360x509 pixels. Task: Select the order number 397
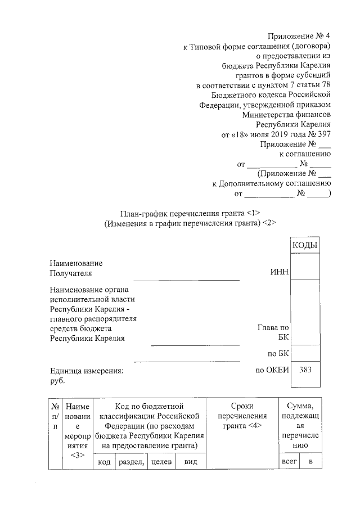(323, 134)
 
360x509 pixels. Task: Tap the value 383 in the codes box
(305, 370)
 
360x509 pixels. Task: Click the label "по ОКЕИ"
(272, 370)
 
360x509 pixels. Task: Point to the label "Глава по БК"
(273, 333)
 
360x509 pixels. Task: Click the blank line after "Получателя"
(186, 278)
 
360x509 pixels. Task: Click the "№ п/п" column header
(55, 416)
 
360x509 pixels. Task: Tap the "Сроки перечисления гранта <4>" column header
(242, 416)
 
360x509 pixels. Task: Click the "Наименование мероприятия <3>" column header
(76, 430)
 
